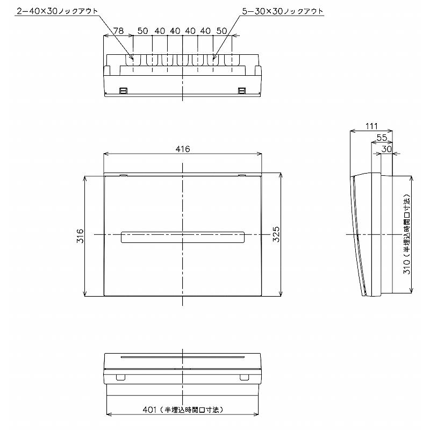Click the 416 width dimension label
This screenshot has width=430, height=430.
(x=183, y=149)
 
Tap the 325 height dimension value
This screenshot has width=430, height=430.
(x=276, y=234)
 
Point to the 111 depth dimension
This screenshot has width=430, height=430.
(x=371, y=126)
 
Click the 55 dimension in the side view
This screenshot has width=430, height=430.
(x=382, y=138)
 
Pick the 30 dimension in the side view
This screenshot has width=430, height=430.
(x=386, y=149)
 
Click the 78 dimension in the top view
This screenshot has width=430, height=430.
(x=118, y=31)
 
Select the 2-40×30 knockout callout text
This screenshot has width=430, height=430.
(x=58, y=11)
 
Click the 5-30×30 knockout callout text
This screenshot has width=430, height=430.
(x=283, y=11)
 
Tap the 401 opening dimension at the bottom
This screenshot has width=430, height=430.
(x=183, y=410)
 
